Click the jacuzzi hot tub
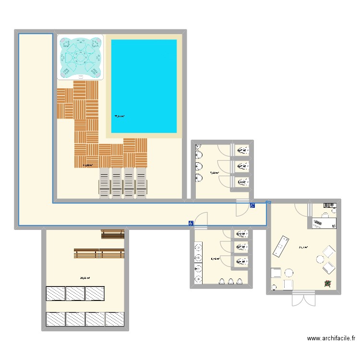click(80, 57)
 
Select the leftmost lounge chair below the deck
click(104, 182)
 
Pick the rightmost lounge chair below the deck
click(141, 182)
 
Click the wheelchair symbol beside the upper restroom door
click(252, 205)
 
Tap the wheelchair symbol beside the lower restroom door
click(191, 223)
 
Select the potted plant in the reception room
click(328, 283)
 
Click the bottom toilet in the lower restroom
click(241, 262)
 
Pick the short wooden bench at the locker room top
click(113, 234)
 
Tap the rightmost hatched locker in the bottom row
click(115, 319)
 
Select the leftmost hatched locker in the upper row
click(55, 293)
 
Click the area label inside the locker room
click(85, 277)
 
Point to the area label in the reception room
click(303, 248)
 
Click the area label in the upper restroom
click(215, 173)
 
